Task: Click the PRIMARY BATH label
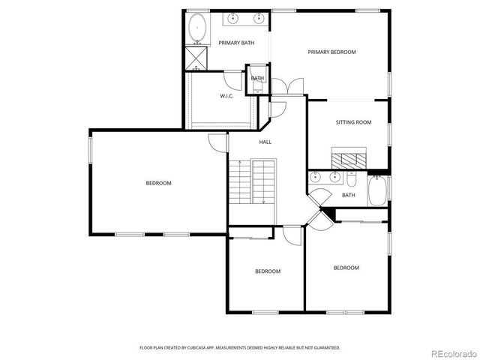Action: point(236,43)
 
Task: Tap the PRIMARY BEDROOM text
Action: point(331,52)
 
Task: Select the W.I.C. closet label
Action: point(227,96)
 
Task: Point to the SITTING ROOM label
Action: point(353,121)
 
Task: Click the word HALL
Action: point(265,142)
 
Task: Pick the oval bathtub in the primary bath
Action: point(197,28)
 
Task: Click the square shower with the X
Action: point(196,57)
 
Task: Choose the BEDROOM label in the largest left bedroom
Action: point(158,183)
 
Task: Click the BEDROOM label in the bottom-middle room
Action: point(267,271)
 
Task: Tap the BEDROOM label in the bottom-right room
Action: point(346,268)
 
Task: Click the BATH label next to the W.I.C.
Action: point(257,78)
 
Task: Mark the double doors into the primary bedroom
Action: point(289,86)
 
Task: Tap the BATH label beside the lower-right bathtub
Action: point(348,195)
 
